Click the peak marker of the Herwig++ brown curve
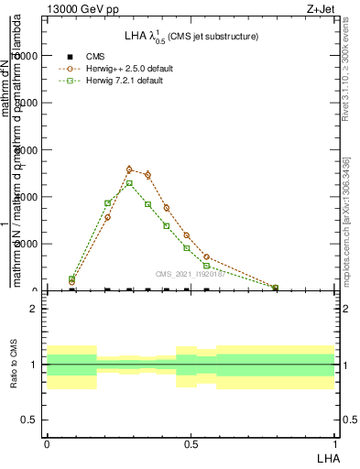pyautogui.click(x=129, y=169)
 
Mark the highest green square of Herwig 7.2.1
pyautogui.click(x=129, y=183)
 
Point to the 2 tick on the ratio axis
pyautogui.click(x=35, y=309)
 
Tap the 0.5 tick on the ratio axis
pyautogui.click(x=32, y=420)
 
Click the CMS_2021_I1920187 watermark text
pyautogui.click(x=190, y=274)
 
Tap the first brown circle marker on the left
pyautogui.click(x=71, y=282)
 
